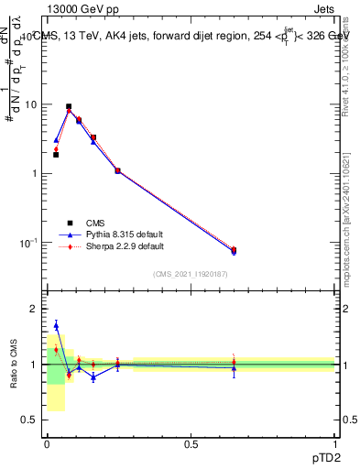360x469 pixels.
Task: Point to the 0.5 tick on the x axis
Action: tap(191, 443)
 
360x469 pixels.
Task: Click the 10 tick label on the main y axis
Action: tap(30, 104)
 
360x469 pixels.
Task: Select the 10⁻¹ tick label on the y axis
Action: tap(28, 243)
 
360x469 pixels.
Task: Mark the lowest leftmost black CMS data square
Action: tap(56, 155)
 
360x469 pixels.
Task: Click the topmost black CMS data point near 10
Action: tap(69, 106)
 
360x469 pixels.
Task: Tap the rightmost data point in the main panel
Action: tap(234, 250)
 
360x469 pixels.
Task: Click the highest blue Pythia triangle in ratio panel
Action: tap(56, 325)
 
